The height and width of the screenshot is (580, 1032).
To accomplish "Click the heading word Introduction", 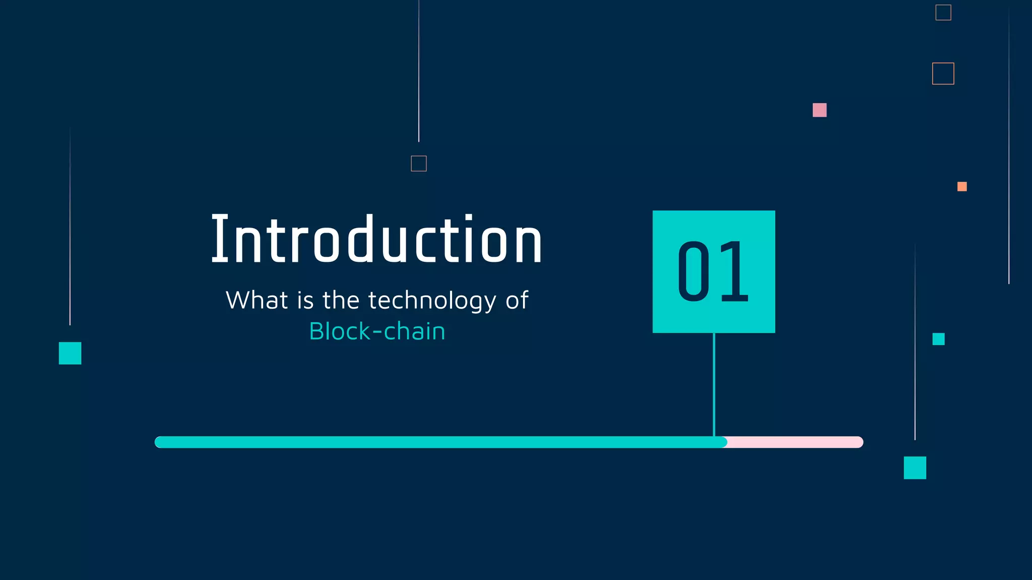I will click(376, 240).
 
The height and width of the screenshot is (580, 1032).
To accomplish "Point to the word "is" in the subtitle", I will click(305, 301).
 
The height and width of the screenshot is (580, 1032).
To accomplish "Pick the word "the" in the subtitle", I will click(341, 301).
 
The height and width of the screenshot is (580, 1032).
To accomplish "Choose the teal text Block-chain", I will click(377, 332).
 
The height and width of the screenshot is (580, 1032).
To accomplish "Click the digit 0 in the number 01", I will click(694, 271).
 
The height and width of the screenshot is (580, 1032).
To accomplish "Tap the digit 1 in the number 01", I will click(733, 271).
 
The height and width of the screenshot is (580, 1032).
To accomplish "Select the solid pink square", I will click(819, 110).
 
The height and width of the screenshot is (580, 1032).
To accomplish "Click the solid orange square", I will click(962, 187).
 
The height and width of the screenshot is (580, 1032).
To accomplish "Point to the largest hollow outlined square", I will click(943, 74).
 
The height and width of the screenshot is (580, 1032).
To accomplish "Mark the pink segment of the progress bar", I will click(795, 442).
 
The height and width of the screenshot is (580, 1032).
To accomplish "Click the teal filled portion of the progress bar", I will click(438, 442).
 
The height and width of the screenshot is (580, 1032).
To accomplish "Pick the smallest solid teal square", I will click(938, 339).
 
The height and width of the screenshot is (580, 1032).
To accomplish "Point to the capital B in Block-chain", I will click(317, 332).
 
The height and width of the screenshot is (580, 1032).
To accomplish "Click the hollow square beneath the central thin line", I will click(419, 164).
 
